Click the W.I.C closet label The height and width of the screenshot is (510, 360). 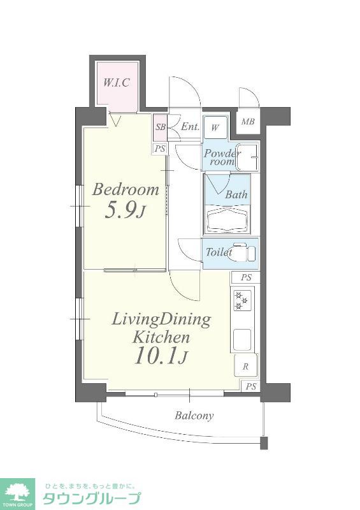117,83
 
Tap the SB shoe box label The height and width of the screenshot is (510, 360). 161,127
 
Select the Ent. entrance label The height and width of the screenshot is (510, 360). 190,126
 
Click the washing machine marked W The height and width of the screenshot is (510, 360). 215,127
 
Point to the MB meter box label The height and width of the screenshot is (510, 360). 248,122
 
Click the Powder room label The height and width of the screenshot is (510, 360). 222,157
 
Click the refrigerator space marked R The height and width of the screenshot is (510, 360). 246,366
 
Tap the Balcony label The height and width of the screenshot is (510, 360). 194,416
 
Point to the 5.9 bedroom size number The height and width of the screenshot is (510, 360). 124,211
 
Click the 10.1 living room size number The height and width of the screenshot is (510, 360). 161,356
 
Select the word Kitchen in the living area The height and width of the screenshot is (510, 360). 161,337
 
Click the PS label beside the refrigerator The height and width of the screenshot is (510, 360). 251,386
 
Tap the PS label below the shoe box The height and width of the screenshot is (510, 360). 160,149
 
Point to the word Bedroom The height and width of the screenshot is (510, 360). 126,189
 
